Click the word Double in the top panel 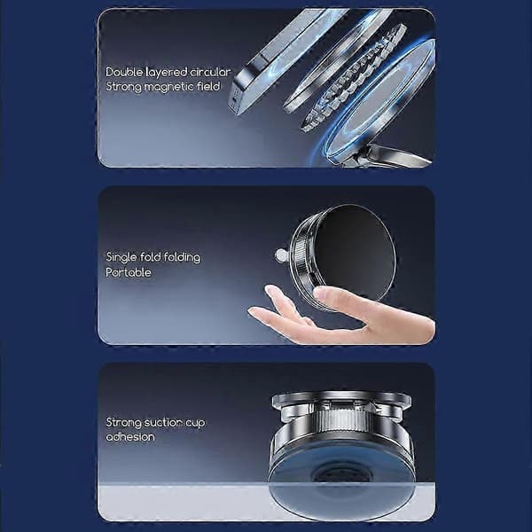(123, 72)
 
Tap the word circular (210, 72)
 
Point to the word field (208, 86)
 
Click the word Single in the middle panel (121, 257)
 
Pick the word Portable (129, 272)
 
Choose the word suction (163, 422)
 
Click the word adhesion (130, 436)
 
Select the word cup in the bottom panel (195, 424)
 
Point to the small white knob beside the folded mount (281, 255)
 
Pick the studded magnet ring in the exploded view (354, 77)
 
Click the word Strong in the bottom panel (123, 423)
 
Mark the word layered (167, 73)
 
